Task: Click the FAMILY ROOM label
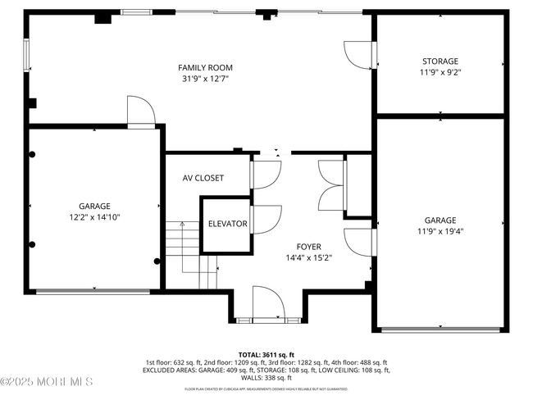pos(205,67)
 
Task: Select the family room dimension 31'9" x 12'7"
pos(205,80)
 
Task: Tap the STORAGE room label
pos(440,61)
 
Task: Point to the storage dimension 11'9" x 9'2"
pos(440,73)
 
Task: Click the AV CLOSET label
pos(203,178)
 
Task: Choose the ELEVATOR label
pos(227,224)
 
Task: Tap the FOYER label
pos(309,246)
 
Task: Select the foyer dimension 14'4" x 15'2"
pos(309,258)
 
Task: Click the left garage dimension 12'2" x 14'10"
pos(94,218)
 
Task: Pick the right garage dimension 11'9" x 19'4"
pos(440,232)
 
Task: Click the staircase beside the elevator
pos(189,246)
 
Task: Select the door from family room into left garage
pos(140,112)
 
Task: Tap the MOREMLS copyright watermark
pos(47,381)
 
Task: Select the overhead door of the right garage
pos(440,330)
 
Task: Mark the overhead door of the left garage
pos(94,289)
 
